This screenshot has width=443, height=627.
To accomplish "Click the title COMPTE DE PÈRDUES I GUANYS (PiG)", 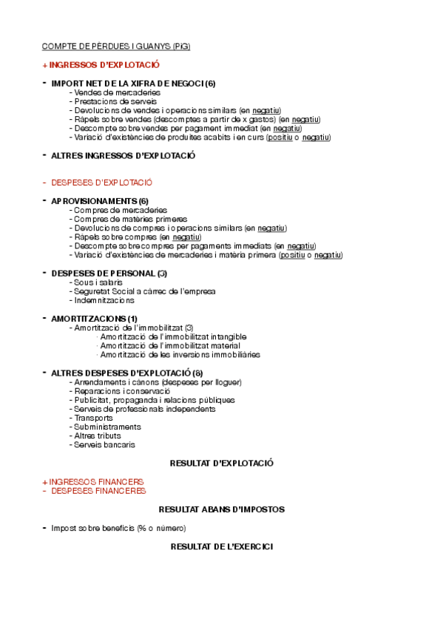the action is (116, 47).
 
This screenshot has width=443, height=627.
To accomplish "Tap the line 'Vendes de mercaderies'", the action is (117, 92).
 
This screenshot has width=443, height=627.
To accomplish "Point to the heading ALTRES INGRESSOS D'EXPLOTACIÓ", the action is (123, 156).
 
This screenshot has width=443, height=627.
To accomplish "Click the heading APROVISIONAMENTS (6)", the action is (100, 201).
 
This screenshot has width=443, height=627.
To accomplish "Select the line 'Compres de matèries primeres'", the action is (130, 219).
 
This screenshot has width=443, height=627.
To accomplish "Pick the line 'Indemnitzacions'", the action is (104, 300).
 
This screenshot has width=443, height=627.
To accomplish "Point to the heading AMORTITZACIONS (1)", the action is (94, 319).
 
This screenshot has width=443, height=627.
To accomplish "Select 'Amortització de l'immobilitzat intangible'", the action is (173, 336).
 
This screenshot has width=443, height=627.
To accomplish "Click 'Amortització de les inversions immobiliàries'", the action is (180, 354).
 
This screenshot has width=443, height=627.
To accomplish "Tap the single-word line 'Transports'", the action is (93, 418).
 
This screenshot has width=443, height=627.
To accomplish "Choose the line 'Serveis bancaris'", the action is (104, 445).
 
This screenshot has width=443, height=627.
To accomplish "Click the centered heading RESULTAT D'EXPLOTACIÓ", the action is (222, 464).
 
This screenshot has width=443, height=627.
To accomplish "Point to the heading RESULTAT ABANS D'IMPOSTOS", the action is (222, 509).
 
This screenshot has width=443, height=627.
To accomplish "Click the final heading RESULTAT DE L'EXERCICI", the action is (222, 546).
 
